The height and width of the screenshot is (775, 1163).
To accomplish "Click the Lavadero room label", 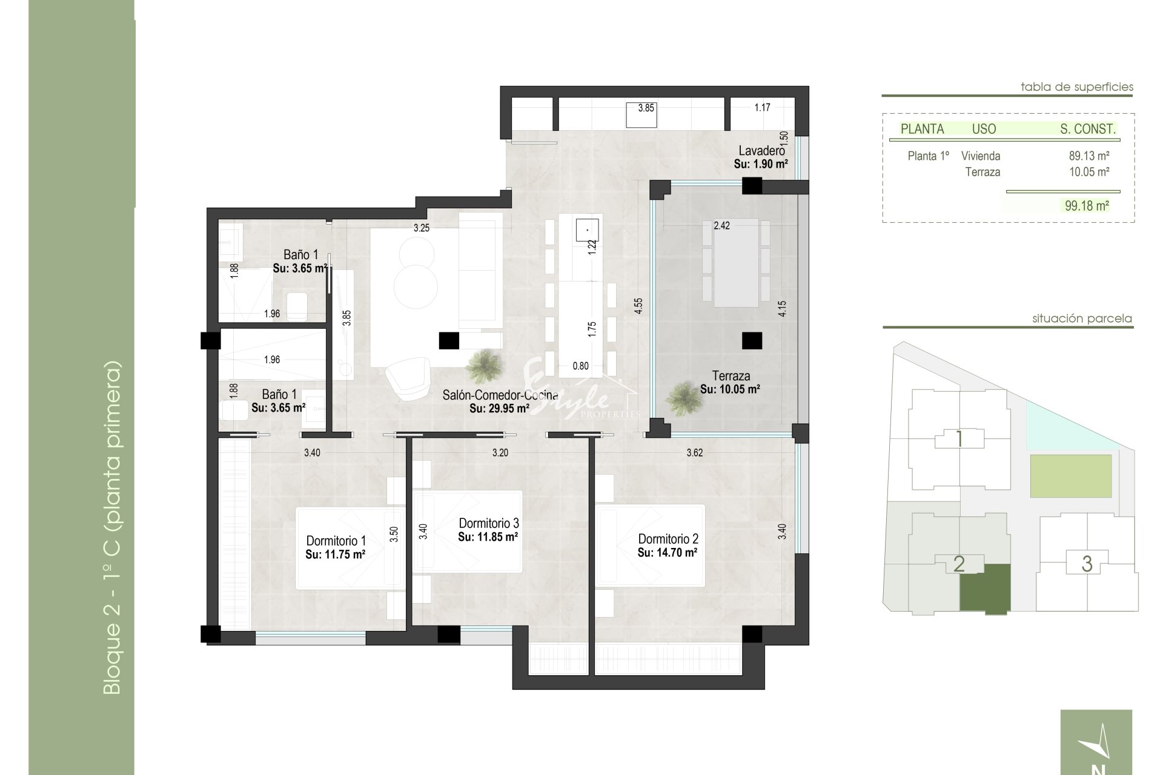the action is [761, 151].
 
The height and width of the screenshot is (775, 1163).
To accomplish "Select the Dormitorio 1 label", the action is [336, 541].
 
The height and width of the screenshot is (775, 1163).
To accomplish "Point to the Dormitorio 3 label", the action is [488, 523].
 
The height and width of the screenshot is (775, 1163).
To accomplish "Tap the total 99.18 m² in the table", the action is [1087, 206].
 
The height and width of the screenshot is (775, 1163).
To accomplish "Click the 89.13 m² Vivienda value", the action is [1089, 156].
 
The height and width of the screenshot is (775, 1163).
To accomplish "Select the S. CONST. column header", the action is [1088, 129].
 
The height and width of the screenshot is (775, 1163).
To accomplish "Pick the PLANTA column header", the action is [922, 129].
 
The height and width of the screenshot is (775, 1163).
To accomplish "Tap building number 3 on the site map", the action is [1087, 564].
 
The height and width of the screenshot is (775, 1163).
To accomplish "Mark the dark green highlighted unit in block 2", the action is [985, 589].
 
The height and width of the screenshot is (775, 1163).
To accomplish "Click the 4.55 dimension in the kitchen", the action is [638, 305].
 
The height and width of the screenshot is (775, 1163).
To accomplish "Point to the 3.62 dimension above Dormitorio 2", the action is [694, 453].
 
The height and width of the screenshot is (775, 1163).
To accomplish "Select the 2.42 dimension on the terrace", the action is [721, 226].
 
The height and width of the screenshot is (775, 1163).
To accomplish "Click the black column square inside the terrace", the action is [752, 341].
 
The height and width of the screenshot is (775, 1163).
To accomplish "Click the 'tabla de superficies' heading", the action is [1077, 87].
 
